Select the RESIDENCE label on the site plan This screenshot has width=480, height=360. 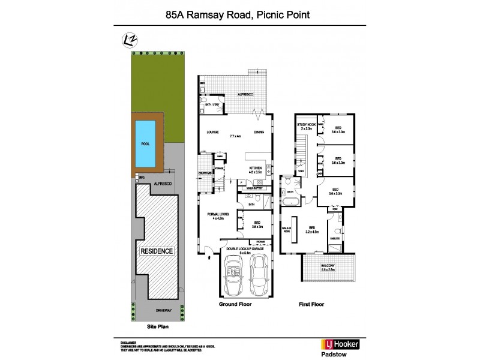click(157, 251)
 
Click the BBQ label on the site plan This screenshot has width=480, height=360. click(142, 178)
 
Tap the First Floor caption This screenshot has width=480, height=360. click(311, 304)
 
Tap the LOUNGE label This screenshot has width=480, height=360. click(212, 132)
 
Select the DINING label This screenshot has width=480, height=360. click(259, 132)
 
